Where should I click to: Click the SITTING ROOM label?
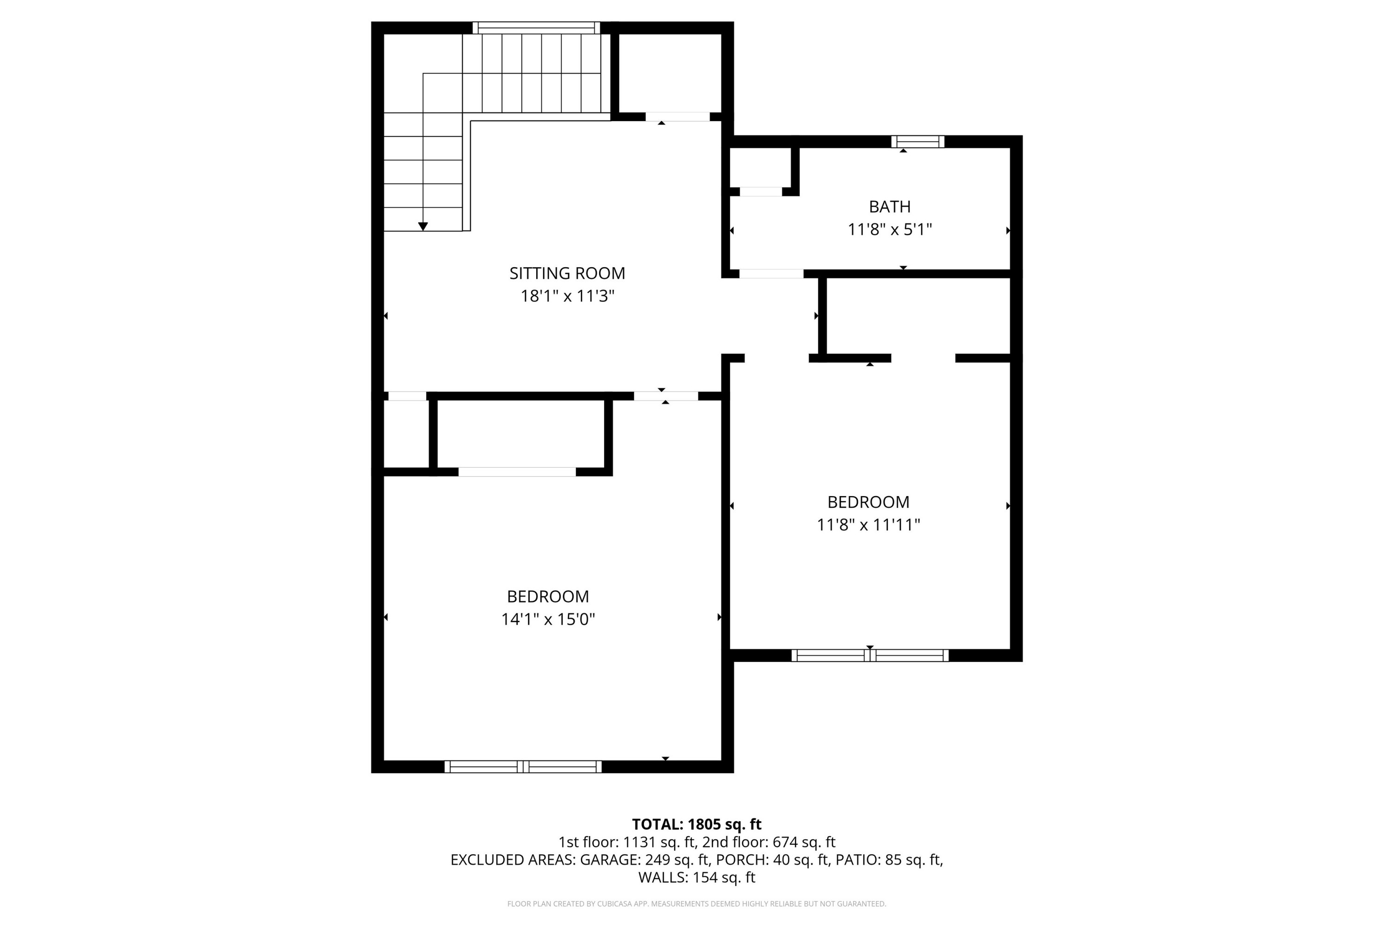click(567, 273)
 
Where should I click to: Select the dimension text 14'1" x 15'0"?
click(548, 619)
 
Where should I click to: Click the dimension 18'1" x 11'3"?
click(567, 295)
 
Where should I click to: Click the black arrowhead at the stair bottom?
click(422, 226)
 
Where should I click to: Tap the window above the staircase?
click(536, 27)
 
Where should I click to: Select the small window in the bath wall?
click(917, 141)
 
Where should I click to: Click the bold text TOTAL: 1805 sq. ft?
click(697, 824)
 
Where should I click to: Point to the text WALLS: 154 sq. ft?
click(697, 877)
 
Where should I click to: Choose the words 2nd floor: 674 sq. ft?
click(769, 842)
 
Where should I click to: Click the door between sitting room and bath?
click(770, 274)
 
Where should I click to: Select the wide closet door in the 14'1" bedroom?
click(517, 471)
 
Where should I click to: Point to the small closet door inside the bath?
click(760, 191)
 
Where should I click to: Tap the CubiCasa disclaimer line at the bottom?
click(697, 904)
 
